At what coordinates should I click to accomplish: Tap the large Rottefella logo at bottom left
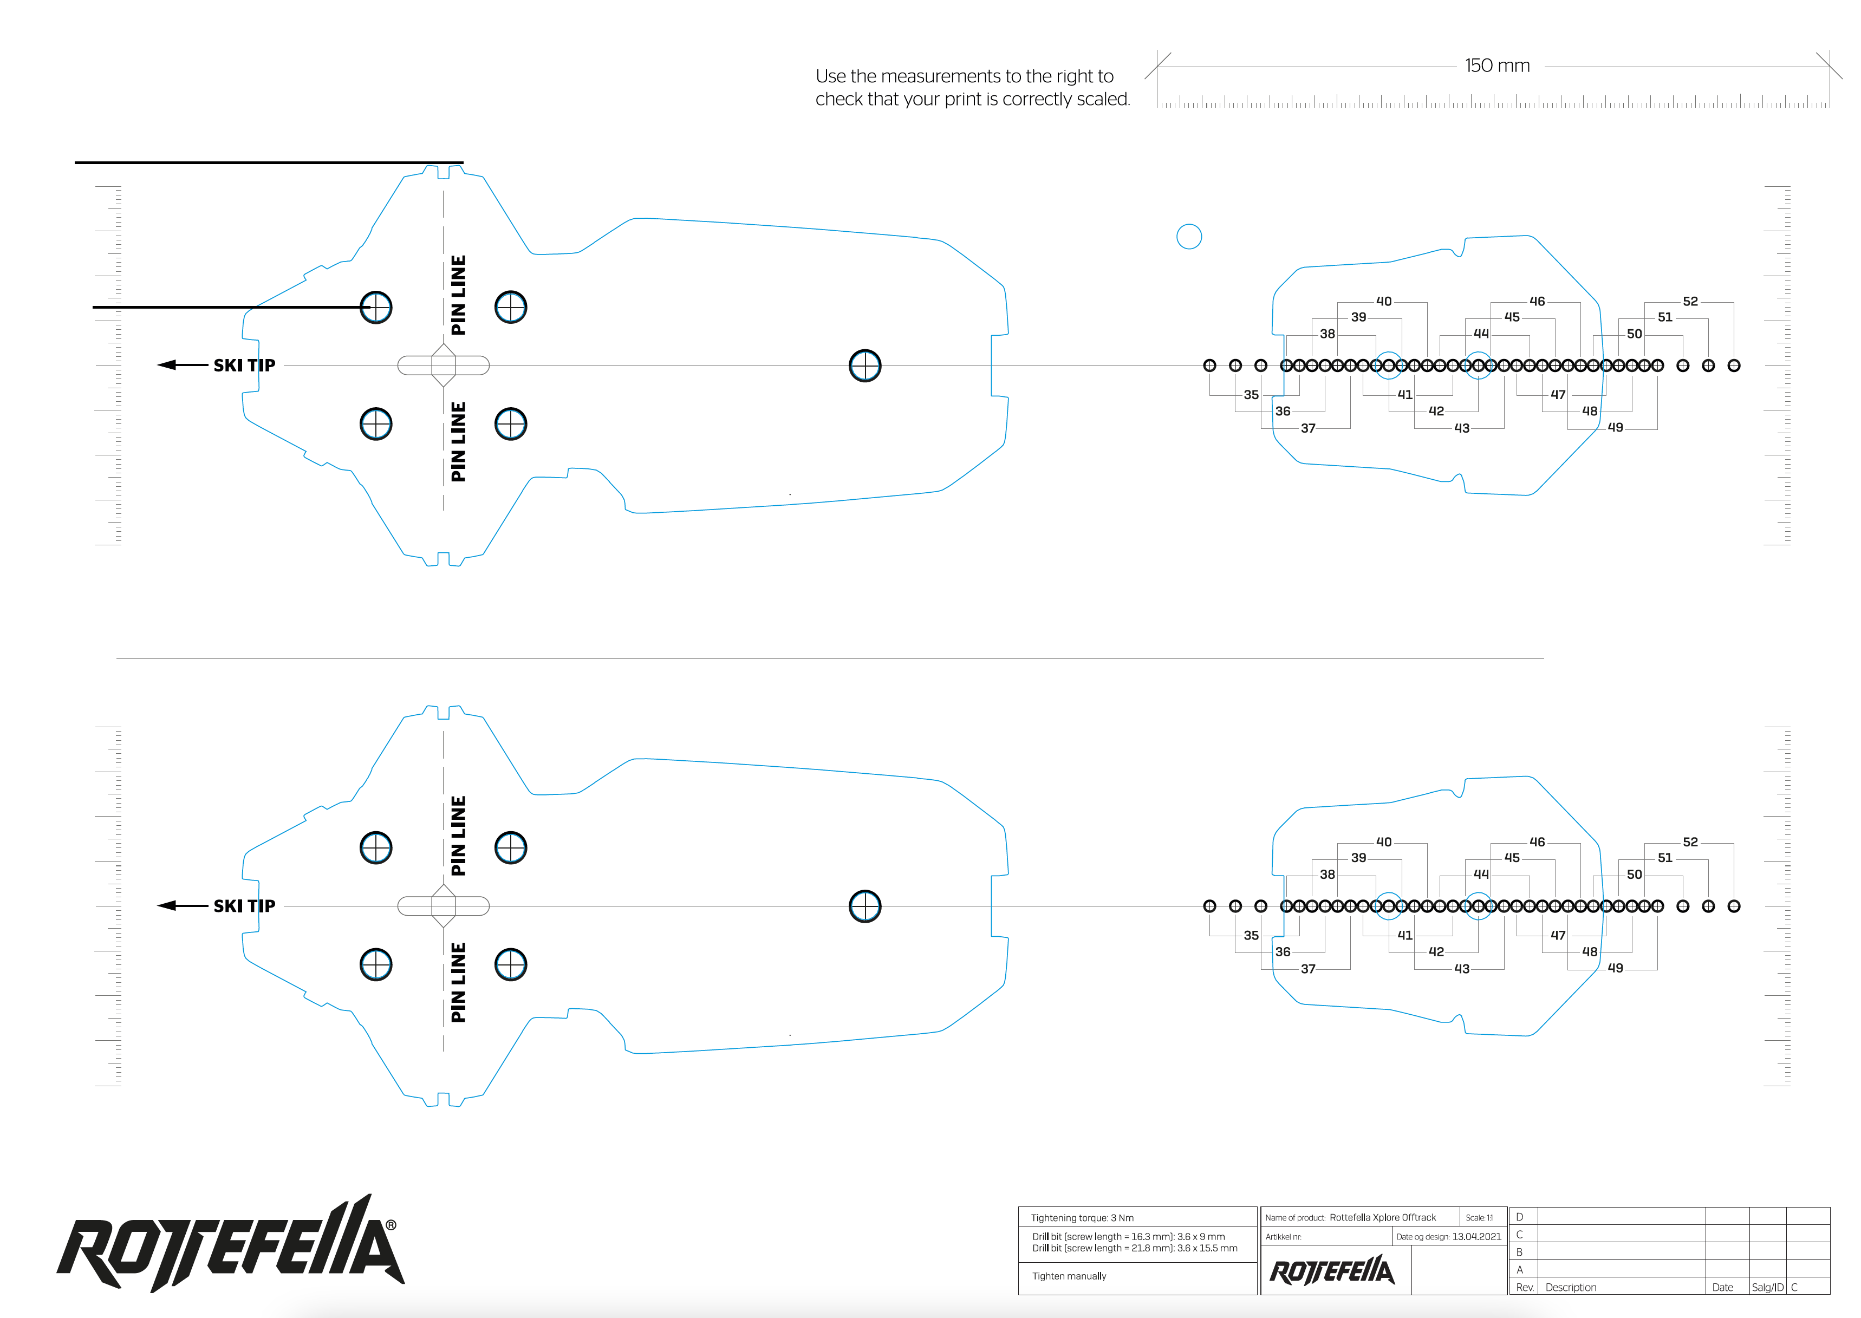pos(231,1243)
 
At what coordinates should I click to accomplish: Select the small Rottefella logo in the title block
pos(1332,1271)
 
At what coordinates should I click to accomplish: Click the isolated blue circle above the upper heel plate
pos(1188,236)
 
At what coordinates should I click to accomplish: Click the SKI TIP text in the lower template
pos(244,906)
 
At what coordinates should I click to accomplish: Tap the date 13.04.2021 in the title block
pos(1476,1237)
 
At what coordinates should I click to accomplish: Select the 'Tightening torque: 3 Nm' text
pos(1082,1217)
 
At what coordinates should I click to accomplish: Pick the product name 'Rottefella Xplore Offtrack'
pos(1382,1217)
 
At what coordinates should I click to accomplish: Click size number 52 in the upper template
pos(1690,301)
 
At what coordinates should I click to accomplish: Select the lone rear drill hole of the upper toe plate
pos(864,365)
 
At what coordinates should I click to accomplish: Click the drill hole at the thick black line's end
pos(376,308)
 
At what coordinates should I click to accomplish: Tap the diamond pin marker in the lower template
pos(443,906)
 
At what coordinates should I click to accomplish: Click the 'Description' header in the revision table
pos(1571,1287)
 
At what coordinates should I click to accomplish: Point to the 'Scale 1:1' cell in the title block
pos(1479,1217)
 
